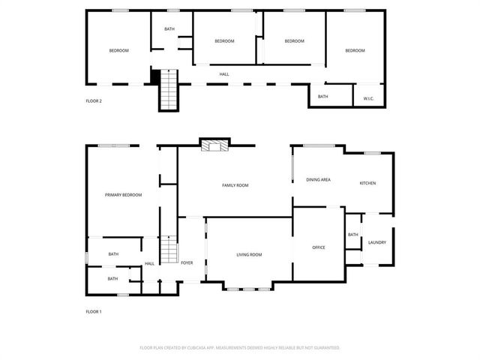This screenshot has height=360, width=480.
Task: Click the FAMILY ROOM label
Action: (235, 185)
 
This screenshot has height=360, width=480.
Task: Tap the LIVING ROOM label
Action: (249, 255)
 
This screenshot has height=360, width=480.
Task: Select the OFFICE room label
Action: (318, 247)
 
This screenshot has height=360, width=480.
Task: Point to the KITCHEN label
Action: (367, 183)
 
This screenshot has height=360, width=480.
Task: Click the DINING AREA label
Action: (318, 180)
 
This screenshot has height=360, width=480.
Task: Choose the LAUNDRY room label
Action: (376, 242)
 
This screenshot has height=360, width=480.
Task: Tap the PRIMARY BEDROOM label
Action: (123, 195)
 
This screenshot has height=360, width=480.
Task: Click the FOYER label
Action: (187, 262)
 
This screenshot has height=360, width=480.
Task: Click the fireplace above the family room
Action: (216, 145)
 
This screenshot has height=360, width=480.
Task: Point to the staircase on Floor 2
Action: (169, 88)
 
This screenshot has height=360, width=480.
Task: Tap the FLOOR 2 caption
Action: (94, 100)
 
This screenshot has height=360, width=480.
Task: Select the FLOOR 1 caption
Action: (94, 311)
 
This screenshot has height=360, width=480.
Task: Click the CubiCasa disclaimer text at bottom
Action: (240, 348)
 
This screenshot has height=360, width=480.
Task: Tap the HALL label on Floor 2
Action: (224, 74)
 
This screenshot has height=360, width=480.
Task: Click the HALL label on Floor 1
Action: (149, 263)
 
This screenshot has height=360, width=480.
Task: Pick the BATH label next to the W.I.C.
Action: (322, 97)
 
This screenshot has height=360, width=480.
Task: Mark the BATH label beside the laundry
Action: (352, 235)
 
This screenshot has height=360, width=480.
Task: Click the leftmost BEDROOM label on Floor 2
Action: (118, 50)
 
